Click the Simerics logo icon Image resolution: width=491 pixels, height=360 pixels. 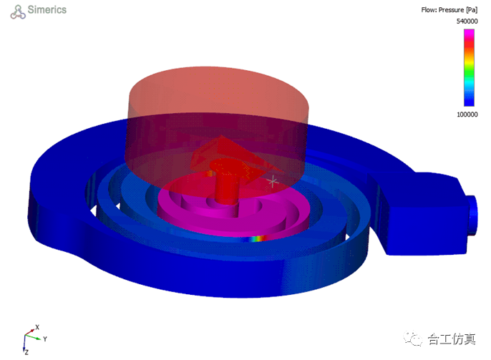pos(18,12)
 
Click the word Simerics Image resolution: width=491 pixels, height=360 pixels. pos(47,10)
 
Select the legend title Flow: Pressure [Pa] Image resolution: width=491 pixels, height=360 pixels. pos(449,10)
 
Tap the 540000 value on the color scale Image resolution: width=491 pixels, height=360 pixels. pos(467,21)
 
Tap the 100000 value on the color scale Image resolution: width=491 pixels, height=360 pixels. pos(467,115)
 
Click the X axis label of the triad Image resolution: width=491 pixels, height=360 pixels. pos(37,327)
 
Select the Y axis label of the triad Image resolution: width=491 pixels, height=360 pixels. pos(45,339)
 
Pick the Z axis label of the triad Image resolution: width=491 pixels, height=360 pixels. pos(26,353)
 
